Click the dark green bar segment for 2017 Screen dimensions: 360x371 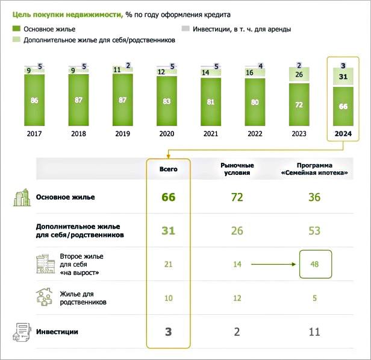(34, 100)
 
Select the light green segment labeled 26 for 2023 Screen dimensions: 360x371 (299, 75)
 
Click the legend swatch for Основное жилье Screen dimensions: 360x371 (16, 29)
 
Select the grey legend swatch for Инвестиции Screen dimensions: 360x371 (186, 29)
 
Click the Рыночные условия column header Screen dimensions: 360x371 (237, 169)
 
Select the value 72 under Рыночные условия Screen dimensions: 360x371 (237, 197)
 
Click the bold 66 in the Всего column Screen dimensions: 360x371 (168, 197)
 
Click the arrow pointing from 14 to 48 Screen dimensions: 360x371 (273, 264)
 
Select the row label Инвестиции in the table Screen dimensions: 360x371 (57, 331)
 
